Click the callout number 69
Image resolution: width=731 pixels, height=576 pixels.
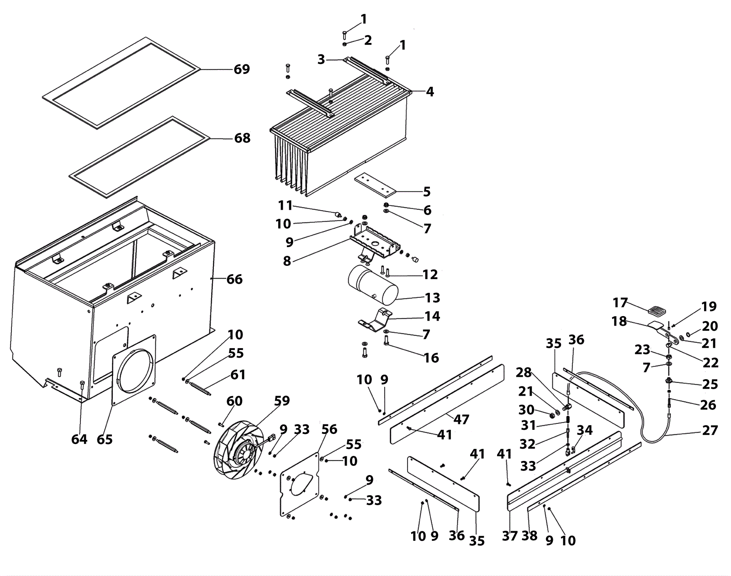pos(242,69)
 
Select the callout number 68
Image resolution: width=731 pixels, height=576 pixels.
pos(242,138)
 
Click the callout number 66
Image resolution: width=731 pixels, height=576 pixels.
pos(234,279)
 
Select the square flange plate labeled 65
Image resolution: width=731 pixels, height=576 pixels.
pos(134,370)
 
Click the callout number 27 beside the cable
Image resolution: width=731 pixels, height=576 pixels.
pos(710,430)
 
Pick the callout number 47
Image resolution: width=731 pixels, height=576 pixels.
pos(461,419)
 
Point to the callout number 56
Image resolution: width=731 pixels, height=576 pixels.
pos(329,430)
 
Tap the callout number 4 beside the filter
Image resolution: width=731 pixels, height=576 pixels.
pos(429,92)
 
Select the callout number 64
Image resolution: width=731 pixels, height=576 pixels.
pos(79,439)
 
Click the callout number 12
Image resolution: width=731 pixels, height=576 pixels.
pos(430,275)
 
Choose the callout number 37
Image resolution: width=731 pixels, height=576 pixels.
pos(509,535)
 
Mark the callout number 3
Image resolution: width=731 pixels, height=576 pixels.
pos(322,59)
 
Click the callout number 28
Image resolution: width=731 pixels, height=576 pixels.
pos(524,373)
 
